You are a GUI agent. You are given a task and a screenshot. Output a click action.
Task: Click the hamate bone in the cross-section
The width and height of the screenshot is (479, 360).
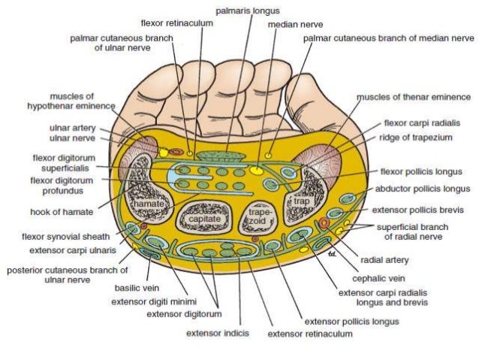[147, 204]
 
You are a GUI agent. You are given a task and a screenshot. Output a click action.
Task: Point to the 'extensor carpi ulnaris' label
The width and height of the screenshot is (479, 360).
[74, 249]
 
